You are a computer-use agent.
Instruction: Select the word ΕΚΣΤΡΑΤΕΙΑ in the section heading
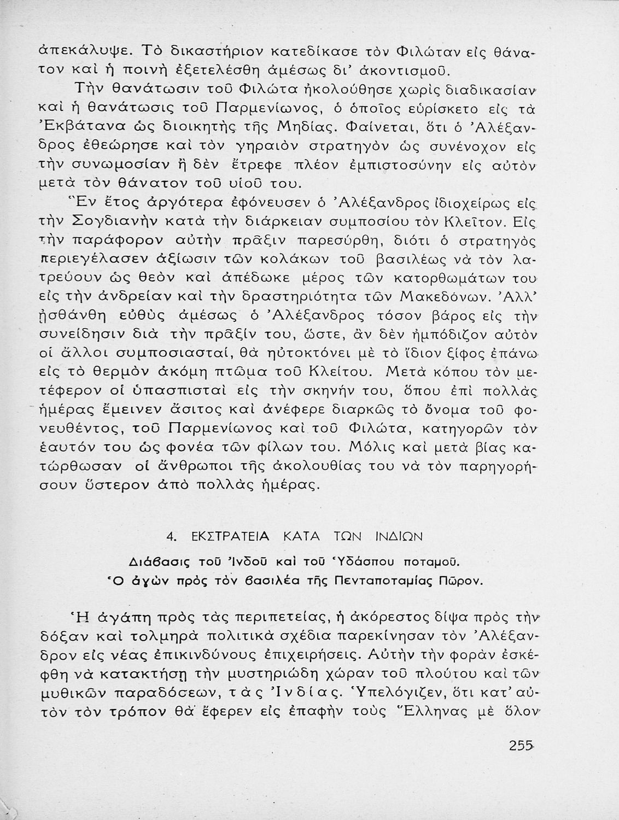[x=228, y=537]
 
